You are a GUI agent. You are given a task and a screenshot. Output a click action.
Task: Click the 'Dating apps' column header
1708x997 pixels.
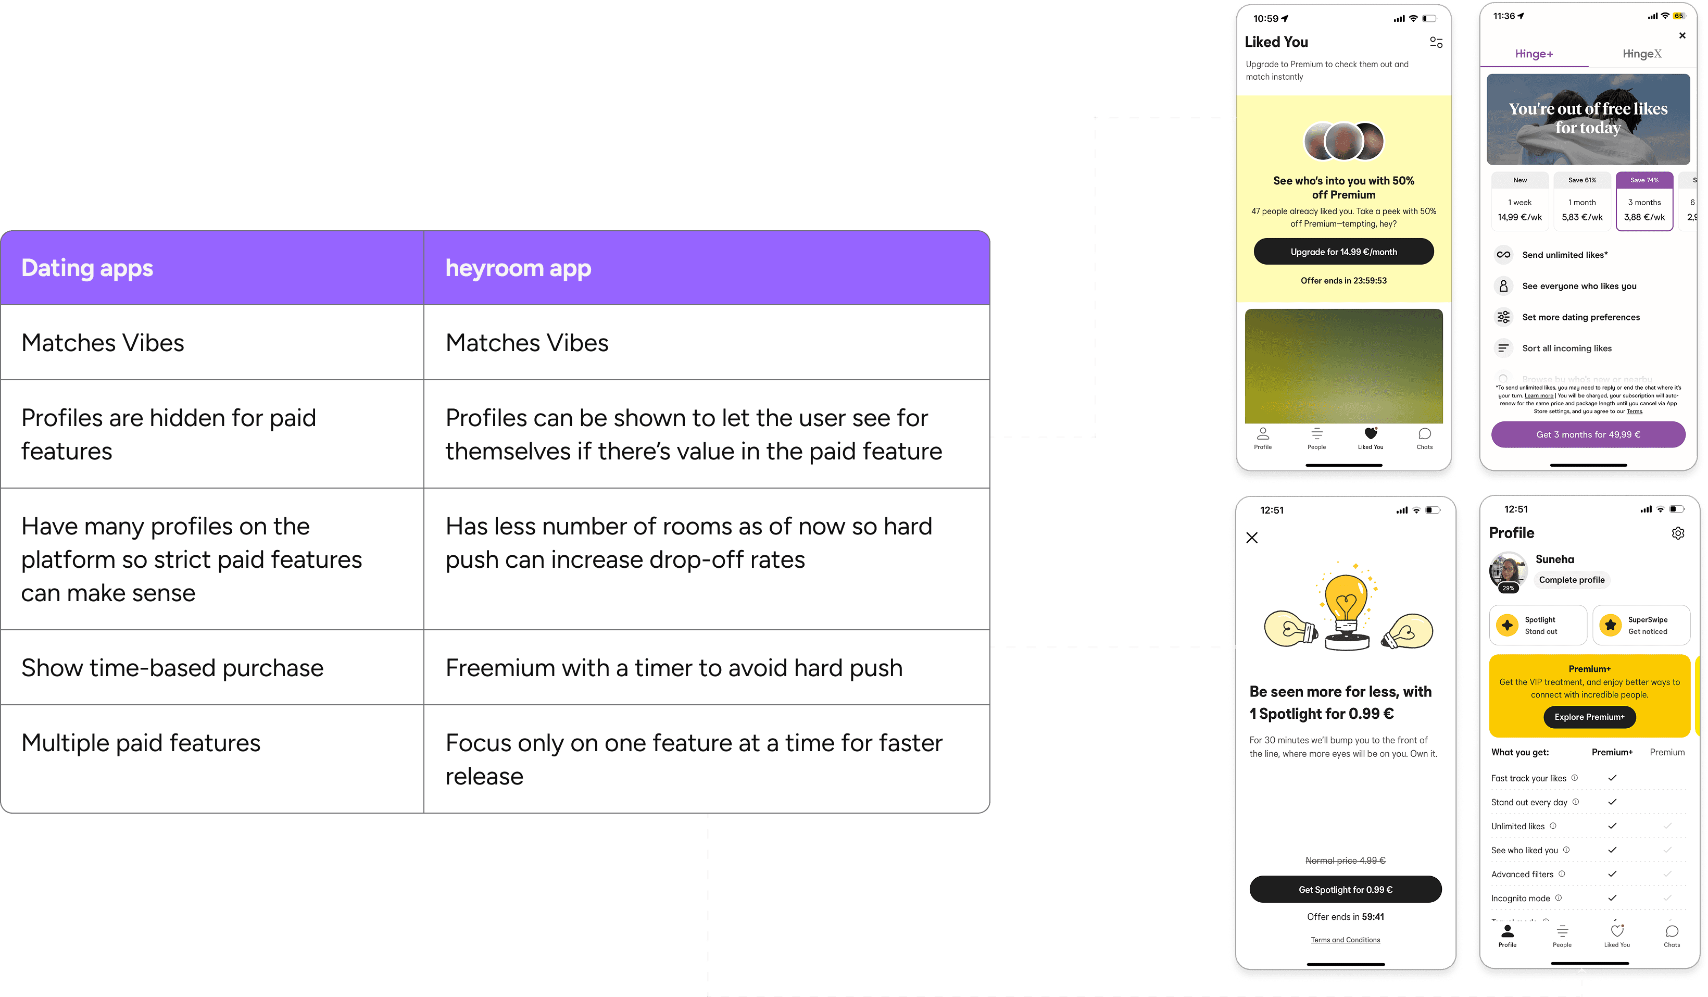coord(87,268)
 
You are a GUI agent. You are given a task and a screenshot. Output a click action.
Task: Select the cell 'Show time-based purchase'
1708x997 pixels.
coord(172,668)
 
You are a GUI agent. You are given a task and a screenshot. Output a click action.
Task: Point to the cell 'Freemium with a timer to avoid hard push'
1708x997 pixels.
coord(674,668)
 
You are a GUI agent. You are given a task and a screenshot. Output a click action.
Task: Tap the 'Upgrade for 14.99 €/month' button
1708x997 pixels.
coord(1343,252)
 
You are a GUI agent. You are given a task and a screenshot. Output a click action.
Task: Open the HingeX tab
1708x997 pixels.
coord(1641,54)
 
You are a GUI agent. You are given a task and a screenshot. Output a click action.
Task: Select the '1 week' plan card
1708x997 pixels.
coord(1519,202)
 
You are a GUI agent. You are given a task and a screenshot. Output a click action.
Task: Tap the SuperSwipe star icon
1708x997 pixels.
coord(1611,625)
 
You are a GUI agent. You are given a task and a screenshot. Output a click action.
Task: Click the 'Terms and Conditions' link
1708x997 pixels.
coord(1345,940)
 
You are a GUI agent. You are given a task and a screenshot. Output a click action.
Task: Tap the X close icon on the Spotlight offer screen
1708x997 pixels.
coord(1252,538)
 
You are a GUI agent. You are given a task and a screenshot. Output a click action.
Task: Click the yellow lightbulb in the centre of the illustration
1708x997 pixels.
coord(1346,600)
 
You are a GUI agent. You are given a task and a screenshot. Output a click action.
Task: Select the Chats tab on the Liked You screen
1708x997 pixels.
coord(1424,437)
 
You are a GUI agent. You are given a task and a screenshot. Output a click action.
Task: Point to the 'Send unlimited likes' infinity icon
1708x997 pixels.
coord(1503,255)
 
